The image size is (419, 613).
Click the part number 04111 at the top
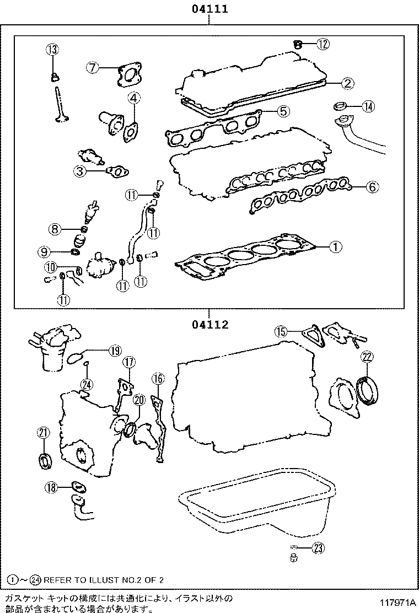pyautogui.click(x=209, y=9)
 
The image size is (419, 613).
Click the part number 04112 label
pyautogui.click(x=209, y=325)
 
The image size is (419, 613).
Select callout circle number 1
pyautogui.click(x=336, y=248)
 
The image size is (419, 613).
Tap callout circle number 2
pyautogui.click(x=347, y=83)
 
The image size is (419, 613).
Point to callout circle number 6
pyautogui.click(x=372, y=187)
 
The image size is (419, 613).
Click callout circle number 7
pyautogui.click(x=93, y=68)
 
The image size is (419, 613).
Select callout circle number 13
pyautogui.click(x=52, y=50)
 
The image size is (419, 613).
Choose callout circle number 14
pyautogui.click(x=367, y=107)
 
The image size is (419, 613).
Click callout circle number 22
pyautogui.click(x=367, y=357)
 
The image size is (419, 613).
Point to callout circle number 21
pyautogui.click(x=42, y=432)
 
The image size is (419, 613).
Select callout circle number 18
pyautogui.click(x=52, y=487)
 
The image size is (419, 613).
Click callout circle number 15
pyautogui.click(x=281, y=331)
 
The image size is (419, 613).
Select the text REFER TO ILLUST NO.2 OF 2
pyautogui.click(x=104, y=579)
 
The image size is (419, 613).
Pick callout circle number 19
pyautogui.click(x=114, y=350)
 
